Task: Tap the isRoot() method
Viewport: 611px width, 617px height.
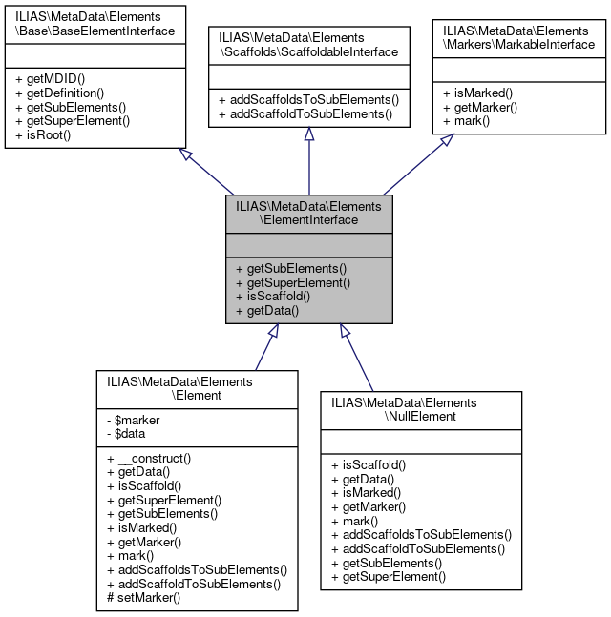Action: [45, 134]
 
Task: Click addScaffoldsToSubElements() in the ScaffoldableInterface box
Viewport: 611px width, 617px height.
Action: [308, 100]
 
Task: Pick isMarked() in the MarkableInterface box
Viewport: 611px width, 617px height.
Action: [477, 93]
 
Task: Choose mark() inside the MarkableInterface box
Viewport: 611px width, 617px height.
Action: [467, 120]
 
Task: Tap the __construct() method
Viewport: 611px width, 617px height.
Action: [151, 458]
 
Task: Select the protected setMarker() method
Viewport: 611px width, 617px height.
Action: [145, 597]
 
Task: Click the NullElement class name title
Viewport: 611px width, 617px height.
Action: [404, 409]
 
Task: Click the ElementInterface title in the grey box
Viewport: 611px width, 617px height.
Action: [308, 212]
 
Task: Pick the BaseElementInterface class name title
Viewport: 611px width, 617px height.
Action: [95, 24]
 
